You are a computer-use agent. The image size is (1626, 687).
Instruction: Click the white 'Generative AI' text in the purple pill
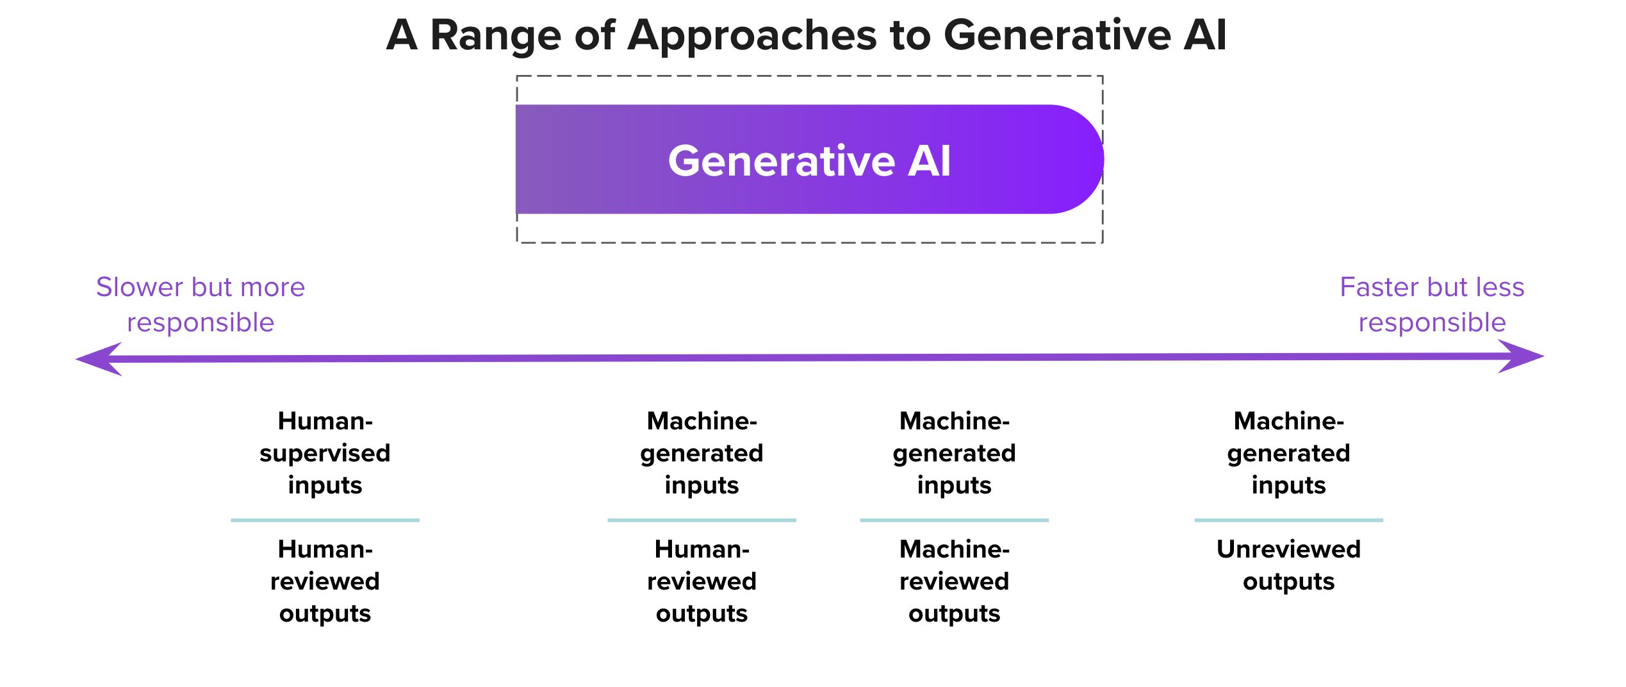tap(809, 160)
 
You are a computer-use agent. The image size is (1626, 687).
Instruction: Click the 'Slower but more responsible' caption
tap(201, 304)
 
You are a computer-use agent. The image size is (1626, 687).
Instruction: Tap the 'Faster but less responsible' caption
tap(1432, 304)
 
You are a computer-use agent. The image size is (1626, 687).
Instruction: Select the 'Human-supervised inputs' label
tap(325, 452)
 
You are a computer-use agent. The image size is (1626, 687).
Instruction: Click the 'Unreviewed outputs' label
tap(1288, 565)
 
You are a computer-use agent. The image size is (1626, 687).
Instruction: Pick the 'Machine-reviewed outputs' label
tap(954, 581)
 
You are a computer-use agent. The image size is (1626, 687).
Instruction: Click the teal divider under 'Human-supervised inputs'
tap(325, 520)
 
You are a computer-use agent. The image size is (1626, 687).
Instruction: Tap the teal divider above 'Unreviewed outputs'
tap(1288, 520)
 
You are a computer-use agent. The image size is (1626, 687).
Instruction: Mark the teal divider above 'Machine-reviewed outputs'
tap(954, 520)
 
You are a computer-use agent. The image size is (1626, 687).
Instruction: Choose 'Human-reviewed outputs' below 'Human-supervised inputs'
tap(325, 581)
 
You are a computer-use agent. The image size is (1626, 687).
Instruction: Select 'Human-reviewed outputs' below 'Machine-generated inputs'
tap(702, 581)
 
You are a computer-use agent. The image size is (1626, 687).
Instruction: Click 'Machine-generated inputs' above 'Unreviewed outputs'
tap(1288, 452)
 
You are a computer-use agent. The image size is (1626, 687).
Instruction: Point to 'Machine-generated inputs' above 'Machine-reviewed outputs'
tap(954, 452)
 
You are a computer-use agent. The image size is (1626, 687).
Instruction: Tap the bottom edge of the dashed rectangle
tap(809, 243)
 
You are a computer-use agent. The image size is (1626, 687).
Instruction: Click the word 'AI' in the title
tap(1204, 35)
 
